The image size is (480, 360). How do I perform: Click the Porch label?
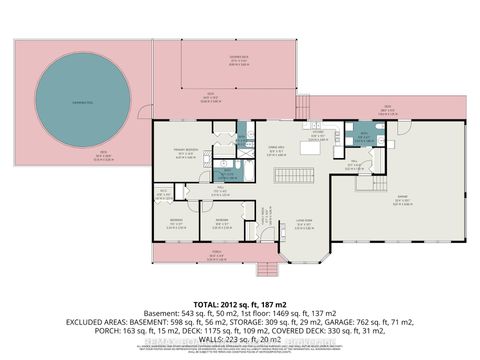point(215,255)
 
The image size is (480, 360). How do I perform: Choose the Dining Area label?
point(270,149)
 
